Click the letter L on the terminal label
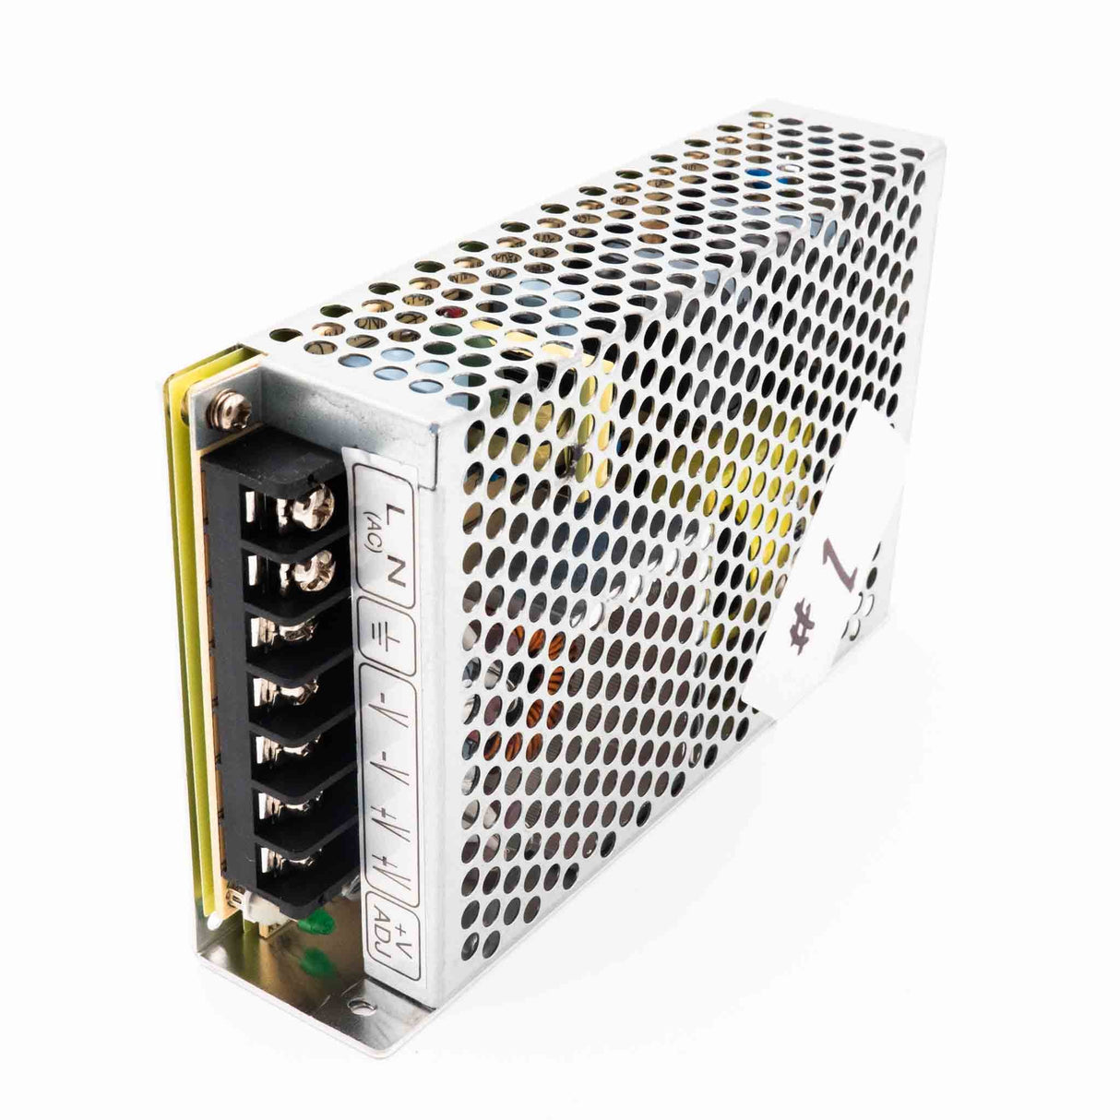(395, 513)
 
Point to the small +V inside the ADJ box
(405, 938)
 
